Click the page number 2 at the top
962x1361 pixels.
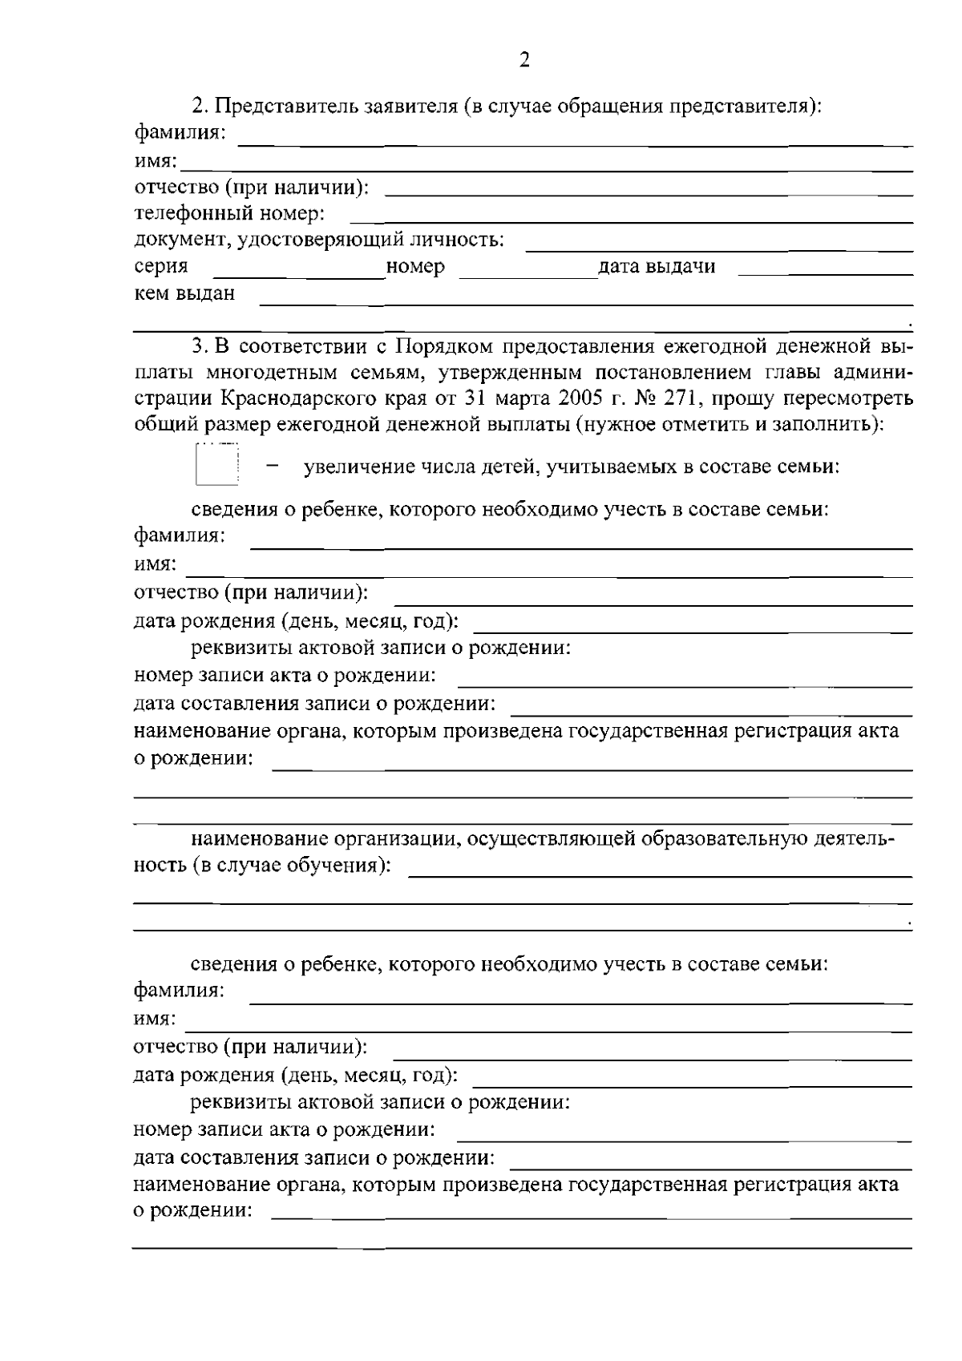coord(524,60)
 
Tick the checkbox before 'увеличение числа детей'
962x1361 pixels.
coord(216,465)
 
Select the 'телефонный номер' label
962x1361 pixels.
coord(229,213)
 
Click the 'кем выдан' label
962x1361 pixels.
coord(184,293)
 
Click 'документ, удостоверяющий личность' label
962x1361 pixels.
coord(319,240)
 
